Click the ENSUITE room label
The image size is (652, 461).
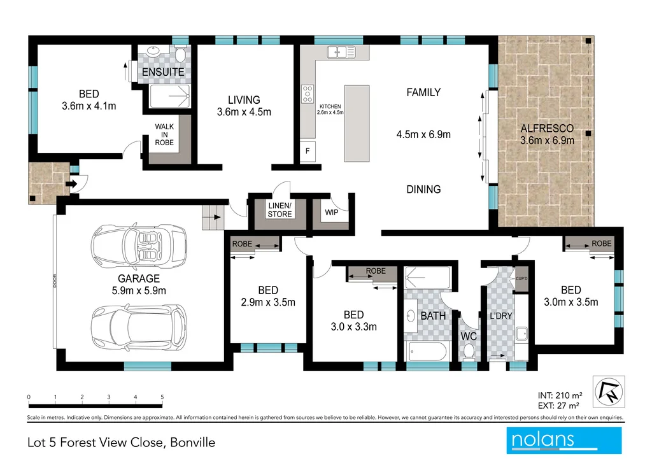163,72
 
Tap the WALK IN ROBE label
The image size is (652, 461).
164,134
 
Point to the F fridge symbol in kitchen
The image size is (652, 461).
308,152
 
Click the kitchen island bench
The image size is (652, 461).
357,124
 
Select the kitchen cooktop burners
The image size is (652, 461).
308,94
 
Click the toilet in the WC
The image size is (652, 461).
469,349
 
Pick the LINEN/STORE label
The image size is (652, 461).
280,210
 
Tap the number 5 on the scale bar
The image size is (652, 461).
162,397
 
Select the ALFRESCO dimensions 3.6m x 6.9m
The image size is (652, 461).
547,140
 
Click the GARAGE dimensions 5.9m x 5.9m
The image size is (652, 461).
138,290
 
